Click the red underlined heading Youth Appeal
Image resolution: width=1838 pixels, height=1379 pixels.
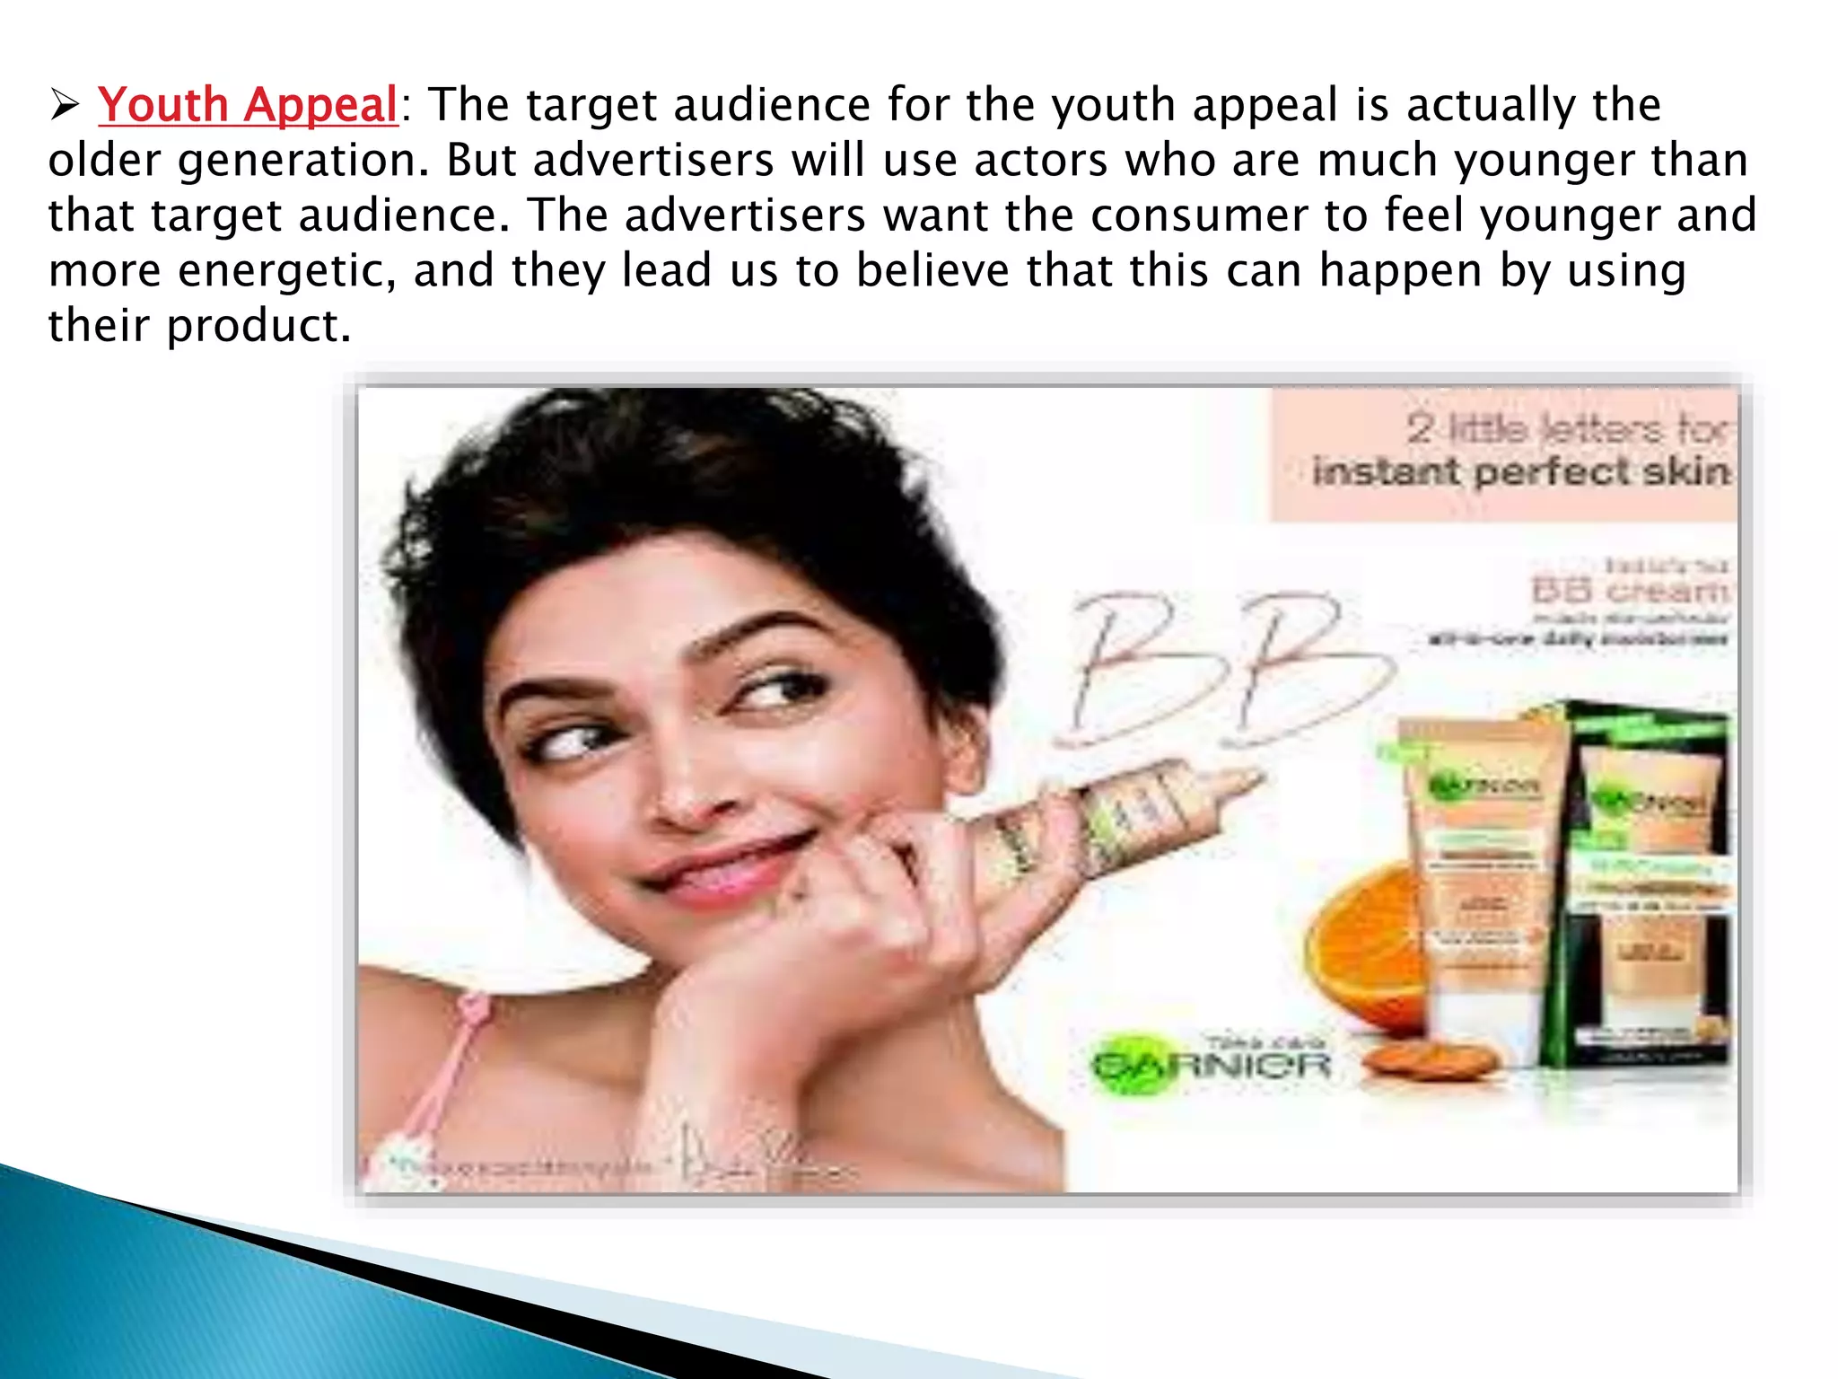(248, 105)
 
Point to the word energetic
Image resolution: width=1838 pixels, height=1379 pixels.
(286, 271)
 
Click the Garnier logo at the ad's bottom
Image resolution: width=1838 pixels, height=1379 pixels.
(1211, 1066)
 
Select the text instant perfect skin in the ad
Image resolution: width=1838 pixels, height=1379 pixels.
(1520, 471)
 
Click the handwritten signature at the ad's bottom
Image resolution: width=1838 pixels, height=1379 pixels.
(754, 1158)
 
